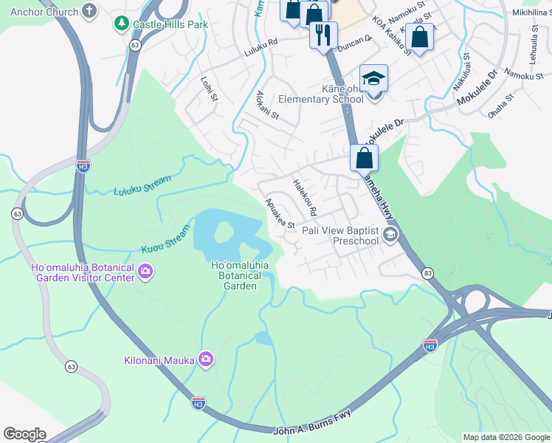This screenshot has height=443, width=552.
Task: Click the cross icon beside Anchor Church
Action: click(89, 11)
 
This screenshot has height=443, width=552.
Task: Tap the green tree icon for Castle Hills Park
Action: click(121, 24)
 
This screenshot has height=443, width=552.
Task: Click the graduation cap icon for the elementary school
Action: click(373, 78)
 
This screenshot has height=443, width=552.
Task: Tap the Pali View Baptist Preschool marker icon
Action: click(390, 236)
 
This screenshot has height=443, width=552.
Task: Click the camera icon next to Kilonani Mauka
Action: click(206, 360)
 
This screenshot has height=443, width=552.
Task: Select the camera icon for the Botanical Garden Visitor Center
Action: click(146, 272)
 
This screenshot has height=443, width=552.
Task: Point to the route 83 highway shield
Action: click(428, 273)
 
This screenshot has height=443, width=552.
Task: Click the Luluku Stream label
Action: click(142, 185)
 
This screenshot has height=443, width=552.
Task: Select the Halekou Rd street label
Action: click(304, 197)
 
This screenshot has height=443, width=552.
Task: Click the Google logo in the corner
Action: click(24, 434)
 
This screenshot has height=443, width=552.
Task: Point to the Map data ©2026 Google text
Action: click(506, 437)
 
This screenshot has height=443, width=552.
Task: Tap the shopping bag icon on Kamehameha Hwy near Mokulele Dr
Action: click(365, 157)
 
